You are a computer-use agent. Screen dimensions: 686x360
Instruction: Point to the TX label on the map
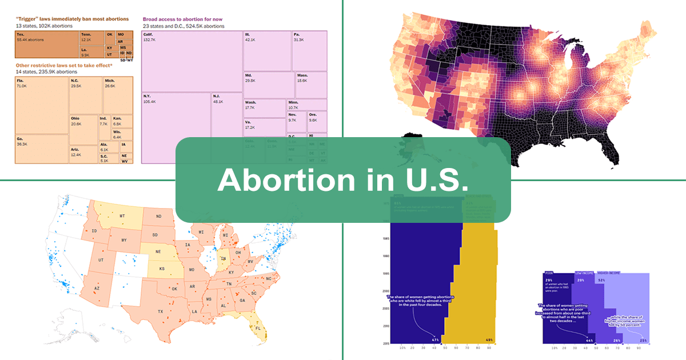pyautogui.click(x=161, y=311)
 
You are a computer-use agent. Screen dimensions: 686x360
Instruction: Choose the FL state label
pyautogui.click(x=258, y=330)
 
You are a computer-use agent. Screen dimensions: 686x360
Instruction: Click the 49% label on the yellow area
pyautogui.click(x=489, y=340)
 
